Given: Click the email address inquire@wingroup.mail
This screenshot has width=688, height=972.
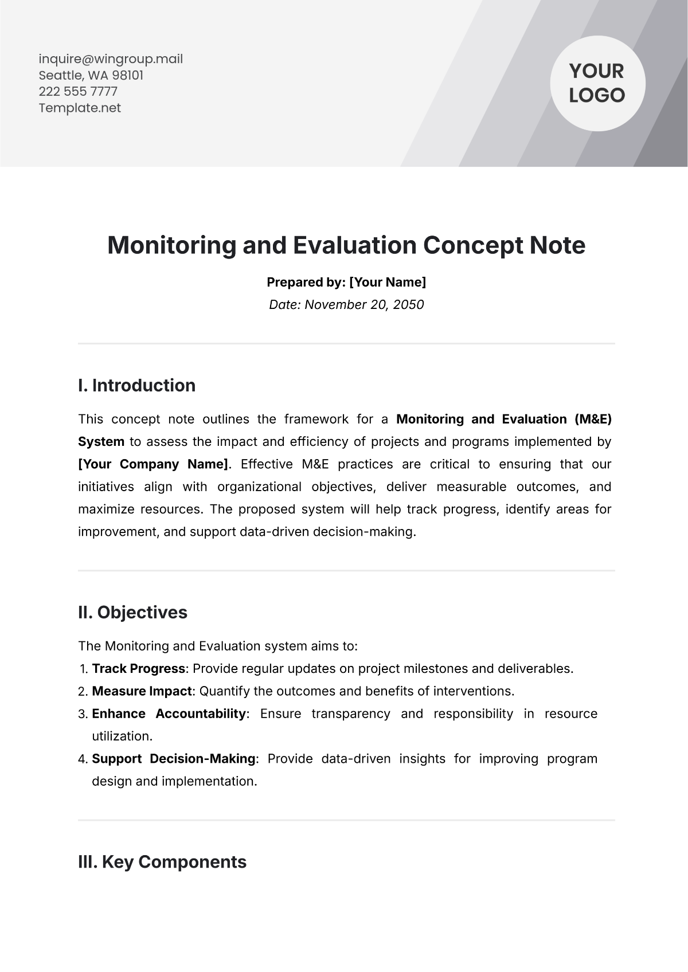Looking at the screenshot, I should tap(111, 59).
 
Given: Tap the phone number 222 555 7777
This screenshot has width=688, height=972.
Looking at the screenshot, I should tap(78, 92).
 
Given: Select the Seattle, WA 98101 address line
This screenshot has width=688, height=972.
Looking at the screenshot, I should tap(91, 76).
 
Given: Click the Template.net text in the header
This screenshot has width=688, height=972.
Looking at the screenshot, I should tap(80, 108).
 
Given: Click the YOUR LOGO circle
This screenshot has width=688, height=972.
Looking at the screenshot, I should tap(597, 84).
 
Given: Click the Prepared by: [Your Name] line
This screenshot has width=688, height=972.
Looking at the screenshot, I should tap(346, 282).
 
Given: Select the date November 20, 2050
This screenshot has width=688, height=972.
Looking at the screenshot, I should tap(364, 304).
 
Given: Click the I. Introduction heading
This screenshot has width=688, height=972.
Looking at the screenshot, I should tap(136, 385).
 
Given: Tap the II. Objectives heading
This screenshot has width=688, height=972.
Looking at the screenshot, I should tap(132, 612).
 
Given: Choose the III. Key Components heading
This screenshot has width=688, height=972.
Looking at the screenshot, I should tap(162, 862).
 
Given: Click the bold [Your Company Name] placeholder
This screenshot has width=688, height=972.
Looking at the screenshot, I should tap(153, 464).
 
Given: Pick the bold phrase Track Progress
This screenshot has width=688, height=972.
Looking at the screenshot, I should tap(138, 668).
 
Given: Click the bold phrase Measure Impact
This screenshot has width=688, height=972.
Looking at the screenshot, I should tap(142, 691).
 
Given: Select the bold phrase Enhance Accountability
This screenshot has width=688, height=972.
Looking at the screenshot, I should tap(169, 714).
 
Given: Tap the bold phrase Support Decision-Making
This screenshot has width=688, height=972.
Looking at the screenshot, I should tap(173, 759).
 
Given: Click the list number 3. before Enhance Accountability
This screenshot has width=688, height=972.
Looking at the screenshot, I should tap(83, 714).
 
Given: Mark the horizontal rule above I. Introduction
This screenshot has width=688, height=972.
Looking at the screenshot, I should tap(346, 344).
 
